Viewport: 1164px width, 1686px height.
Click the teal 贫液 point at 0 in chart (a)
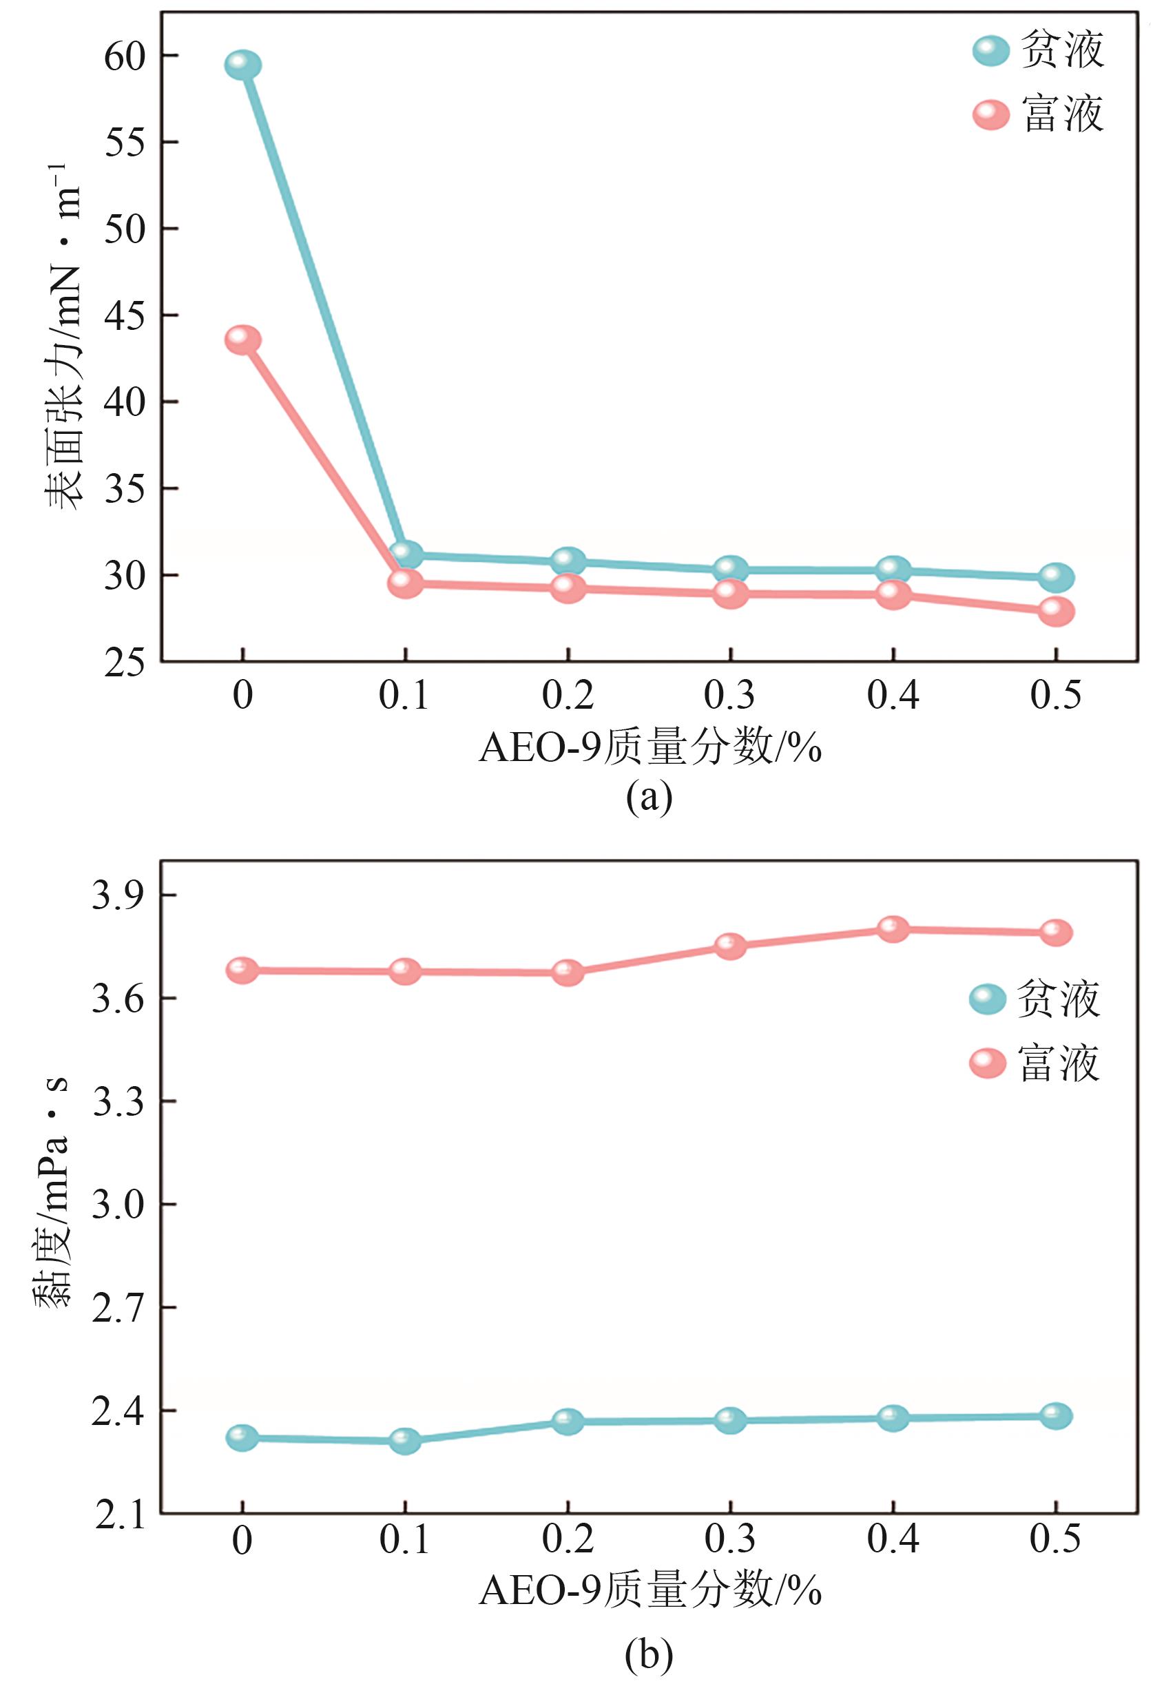243,65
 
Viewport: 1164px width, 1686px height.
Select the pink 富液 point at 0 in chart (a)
243,340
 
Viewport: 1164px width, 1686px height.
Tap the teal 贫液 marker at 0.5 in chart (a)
1056,578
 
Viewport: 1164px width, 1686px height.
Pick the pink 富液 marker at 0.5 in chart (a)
1056,611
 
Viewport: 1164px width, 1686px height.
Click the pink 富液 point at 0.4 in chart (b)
893,929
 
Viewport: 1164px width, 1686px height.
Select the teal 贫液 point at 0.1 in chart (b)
405,1441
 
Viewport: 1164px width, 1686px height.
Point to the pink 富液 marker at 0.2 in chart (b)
568,972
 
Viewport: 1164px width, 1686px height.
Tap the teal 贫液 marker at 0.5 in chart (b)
1056,1416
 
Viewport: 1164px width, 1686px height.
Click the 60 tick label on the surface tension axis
125,56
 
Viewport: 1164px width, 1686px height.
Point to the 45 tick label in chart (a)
125,315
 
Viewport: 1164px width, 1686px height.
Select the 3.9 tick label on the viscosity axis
119,895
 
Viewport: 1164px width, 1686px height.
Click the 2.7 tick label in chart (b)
119,1307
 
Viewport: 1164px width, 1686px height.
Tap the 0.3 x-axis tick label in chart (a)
730,695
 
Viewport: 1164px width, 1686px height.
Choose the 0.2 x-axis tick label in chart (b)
568,1539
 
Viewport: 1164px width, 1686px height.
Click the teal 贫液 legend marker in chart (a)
991,50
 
